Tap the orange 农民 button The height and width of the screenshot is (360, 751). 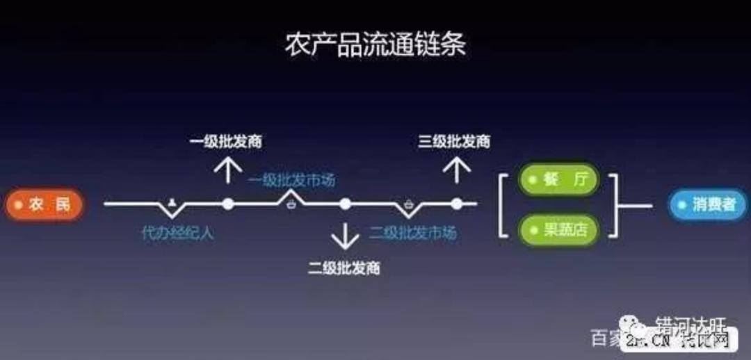[x=45, y=204]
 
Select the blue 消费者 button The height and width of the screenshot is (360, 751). [x=707, y=205]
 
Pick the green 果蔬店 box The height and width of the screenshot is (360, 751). [x=558, y=229]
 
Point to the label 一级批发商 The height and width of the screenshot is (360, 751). [x=226, y=142]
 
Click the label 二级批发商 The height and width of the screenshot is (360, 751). [x=344, y=268]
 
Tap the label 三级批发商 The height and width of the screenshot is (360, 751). [x=455, y=142]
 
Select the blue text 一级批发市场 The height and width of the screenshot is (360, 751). [x=292, y=181]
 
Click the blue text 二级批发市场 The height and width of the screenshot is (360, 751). [x=413, y=233]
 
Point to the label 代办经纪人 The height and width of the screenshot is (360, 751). [x=177, y=233]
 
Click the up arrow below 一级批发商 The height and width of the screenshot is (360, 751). [x=227, y=170]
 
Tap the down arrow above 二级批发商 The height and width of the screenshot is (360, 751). [x=344, y=237]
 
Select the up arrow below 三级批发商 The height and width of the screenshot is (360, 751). [x=457, y=170]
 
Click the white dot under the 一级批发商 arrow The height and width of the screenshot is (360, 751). [x=228, y=204]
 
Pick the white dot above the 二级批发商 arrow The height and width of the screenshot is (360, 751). [x=345, y=204]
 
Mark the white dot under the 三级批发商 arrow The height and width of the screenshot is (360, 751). [x=457, y=204]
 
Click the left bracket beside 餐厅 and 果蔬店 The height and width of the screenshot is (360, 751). [x=505, y=205]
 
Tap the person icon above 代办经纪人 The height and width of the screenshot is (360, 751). [x=172, y=203]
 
